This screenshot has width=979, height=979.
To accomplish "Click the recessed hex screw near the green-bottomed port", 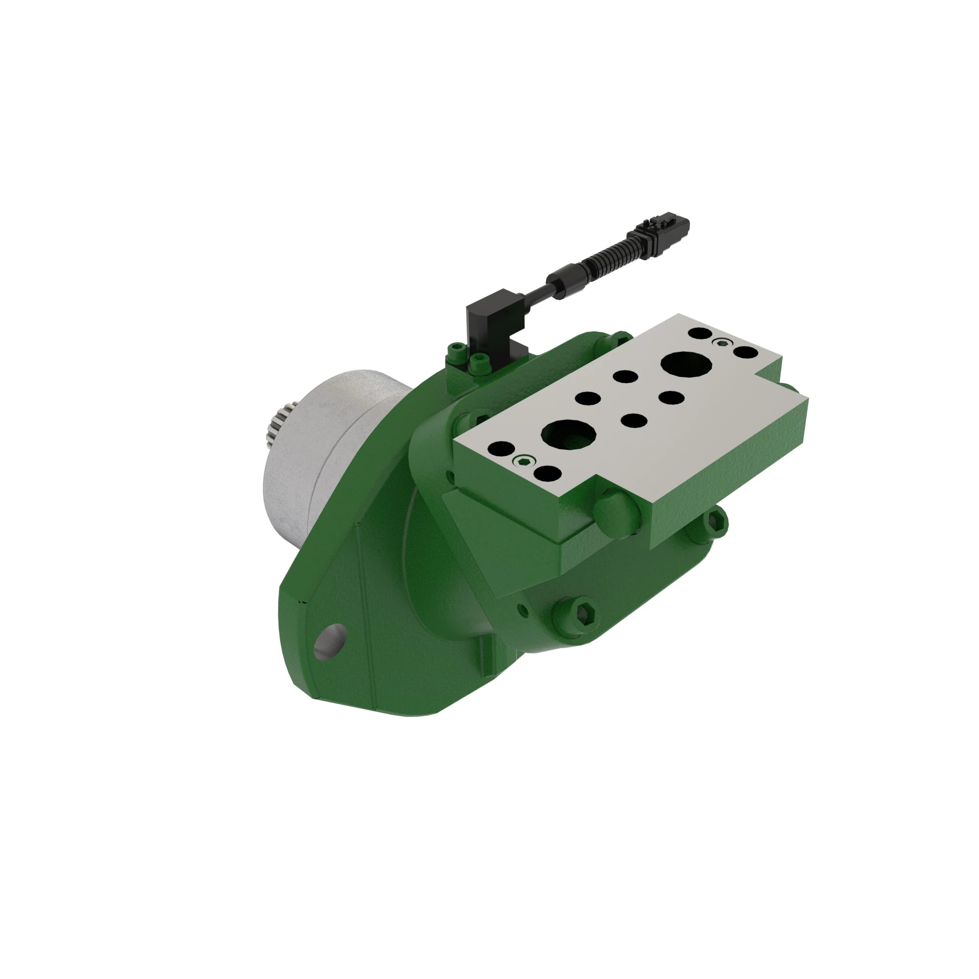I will click(524, 460).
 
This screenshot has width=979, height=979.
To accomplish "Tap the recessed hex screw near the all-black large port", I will click(723, 343).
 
